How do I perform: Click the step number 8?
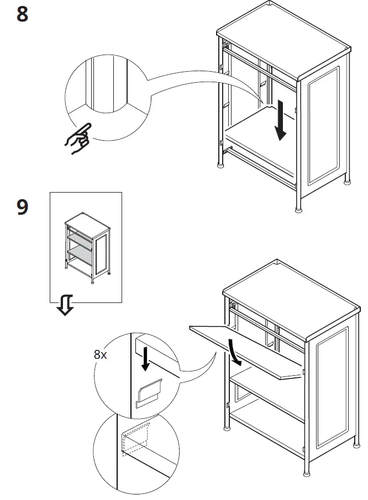(x=22, y=14)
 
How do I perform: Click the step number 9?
(x=22, y=208)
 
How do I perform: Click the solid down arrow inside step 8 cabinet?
(x=281, y=119)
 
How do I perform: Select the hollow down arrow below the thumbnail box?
(x=65, y=304)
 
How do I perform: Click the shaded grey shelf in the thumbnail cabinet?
(x=81, y=253)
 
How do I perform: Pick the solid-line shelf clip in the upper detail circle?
(x=148, y=392)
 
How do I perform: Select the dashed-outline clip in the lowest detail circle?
(x=135, y=439)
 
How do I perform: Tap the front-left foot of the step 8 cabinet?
(x=221, y=164)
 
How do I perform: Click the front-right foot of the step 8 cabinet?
(x=299, y=209)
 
